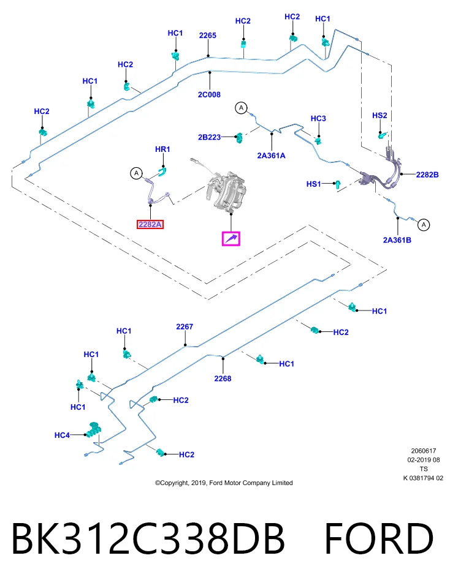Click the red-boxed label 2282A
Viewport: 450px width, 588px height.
pos(150,224)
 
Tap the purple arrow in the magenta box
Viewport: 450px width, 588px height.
pos(231,238)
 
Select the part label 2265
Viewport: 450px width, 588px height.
pos(208,36)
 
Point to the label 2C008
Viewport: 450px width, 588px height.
pos(209,94)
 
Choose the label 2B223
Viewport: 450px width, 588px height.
pos(210,137)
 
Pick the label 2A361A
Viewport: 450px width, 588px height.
pos(271,155)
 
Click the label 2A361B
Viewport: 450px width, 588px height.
pos(397,240)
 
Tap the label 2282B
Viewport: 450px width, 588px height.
pos(427,175)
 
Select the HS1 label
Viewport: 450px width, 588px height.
pos(314,184)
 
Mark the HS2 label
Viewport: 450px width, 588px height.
pos(379,116)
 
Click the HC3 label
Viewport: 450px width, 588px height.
pos(318,118)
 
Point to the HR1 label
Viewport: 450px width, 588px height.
pos(162,149)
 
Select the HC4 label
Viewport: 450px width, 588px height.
pos(62,435)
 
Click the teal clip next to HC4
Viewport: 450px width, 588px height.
pos(93,430)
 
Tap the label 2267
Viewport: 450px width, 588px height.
pos(185,326)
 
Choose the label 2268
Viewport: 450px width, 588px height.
pos(223,379)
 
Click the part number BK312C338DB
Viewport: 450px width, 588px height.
pos(148,538)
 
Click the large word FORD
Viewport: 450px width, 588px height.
pos(379,538)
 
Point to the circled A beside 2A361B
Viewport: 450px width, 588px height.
pos(424,225)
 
